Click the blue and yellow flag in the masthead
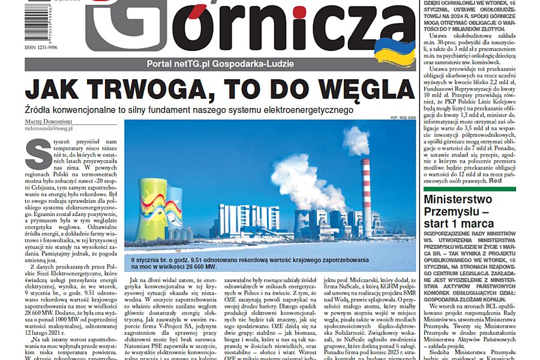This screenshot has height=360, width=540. (394, 52)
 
